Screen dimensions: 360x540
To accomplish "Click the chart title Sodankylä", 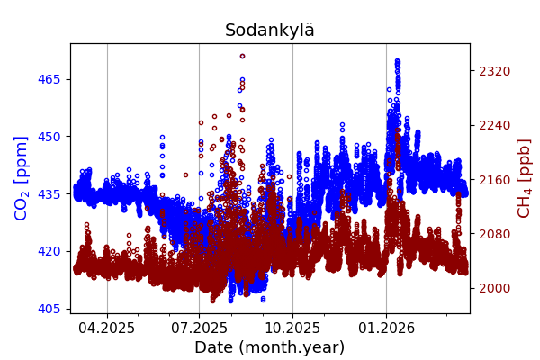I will [x=270, y=31].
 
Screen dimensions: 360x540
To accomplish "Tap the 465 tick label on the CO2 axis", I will [x=49, y=79].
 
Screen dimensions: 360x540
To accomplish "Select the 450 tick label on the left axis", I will [x=49, y=137].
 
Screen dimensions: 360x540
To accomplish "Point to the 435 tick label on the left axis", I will [x=49, y=194].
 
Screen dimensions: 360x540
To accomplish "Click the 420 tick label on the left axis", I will [x=49, y=251].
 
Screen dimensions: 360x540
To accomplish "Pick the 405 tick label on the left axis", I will [x=49, y=309].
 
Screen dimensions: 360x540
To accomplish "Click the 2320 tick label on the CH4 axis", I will [x=493, y=71].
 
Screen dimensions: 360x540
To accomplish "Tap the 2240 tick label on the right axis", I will [x=493, y=125].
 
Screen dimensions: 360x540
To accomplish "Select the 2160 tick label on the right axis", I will [x=493, y=180].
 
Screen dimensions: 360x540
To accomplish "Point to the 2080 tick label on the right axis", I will [x=493, y=234].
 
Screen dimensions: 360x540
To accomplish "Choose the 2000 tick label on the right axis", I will [x=493, y=288].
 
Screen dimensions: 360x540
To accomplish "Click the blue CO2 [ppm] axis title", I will [x=22, y=178].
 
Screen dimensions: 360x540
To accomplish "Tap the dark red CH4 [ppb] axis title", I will [x=524, y=178].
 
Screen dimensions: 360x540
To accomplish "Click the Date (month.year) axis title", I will [x=270, y=347].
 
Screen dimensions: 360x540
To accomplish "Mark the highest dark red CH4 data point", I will [x=242, y=56].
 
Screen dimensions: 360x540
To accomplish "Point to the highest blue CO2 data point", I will [x=397, y=61].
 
